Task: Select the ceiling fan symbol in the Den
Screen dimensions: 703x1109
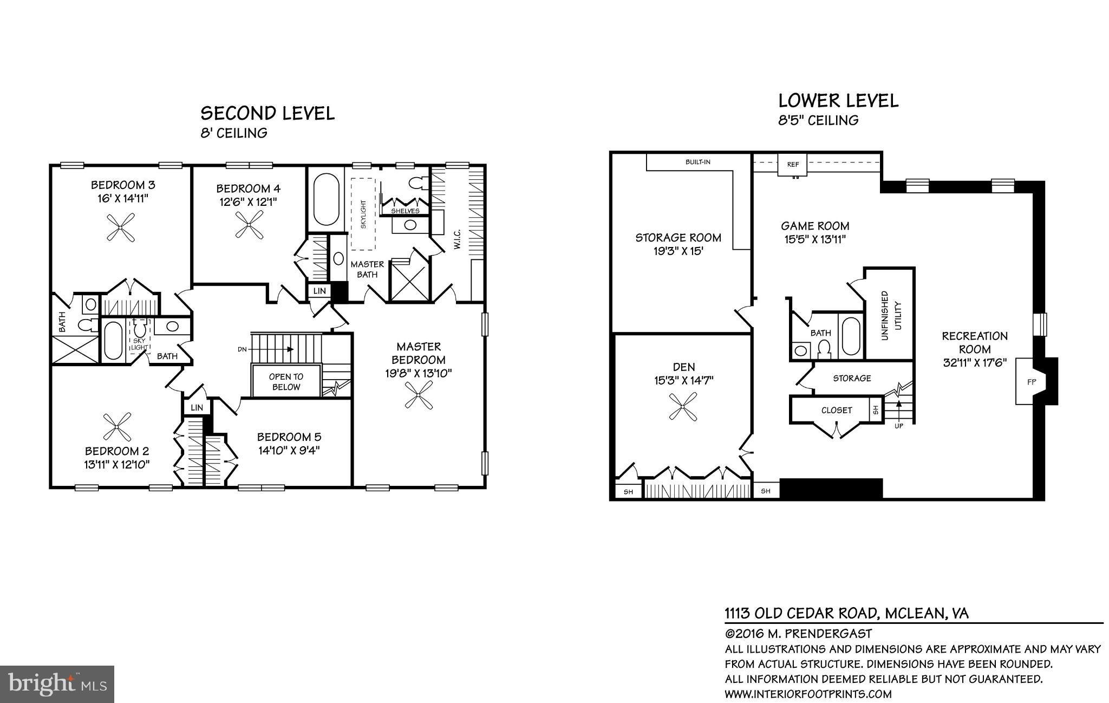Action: click(683, 407)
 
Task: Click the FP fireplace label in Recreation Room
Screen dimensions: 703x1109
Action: click(1031, 382)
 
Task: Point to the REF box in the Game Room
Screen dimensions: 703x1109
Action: click(793, 164)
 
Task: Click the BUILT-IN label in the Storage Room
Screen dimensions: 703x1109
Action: click(697, 162)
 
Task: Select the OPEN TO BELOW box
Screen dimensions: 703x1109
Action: click(286, 381)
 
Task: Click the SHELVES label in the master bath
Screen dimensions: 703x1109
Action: click(405, 211)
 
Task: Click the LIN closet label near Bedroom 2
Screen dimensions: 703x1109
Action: click(197, 407)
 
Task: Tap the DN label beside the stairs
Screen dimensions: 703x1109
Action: click(242, 349)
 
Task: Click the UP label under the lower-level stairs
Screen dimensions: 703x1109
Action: click(898, 426)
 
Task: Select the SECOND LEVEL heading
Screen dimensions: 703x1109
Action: click(268, 113)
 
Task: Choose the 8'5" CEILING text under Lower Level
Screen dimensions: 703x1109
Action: click(818, 120)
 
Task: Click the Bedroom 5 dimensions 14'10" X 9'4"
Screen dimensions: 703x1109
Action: click(289, 450)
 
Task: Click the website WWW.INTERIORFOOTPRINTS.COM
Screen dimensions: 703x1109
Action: click(808, 694)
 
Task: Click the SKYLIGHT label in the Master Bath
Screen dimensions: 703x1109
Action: click(363, 214)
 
